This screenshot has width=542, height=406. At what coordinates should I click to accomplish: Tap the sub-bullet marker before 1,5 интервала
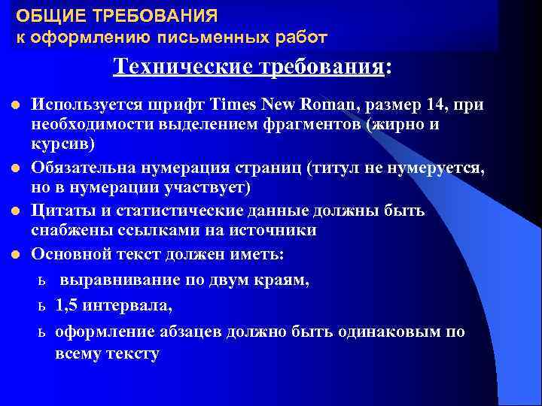point(42,307)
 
